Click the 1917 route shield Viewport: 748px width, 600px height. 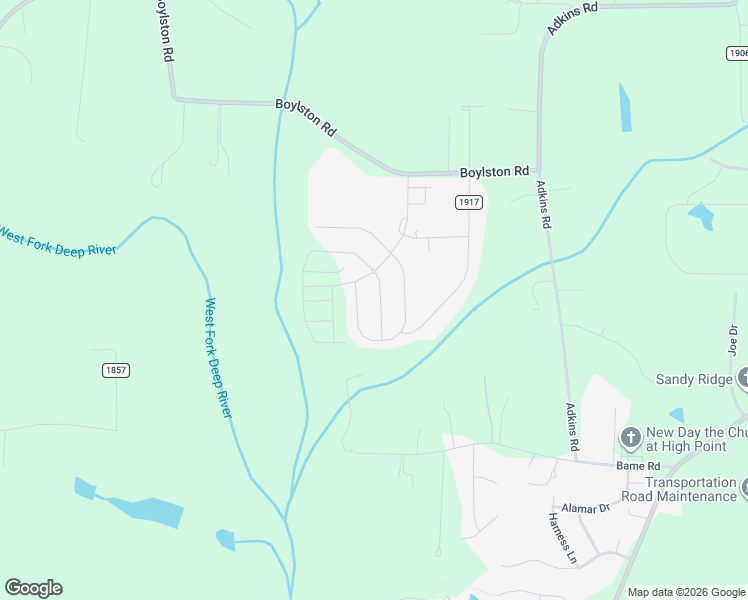pos(469,202)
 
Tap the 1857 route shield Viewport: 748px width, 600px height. pos(115,370)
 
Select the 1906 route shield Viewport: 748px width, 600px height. pos(737,53)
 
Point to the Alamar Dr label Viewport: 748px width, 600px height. pos(585,508)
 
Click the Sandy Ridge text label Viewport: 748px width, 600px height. pos(694,379)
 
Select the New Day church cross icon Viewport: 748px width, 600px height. pos(630,437)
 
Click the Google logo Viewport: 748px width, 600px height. pos(33,588)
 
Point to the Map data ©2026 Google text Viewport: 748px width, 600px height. pos(685,592)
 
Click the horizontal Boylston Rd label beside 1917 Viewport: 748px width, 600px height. pos(494,172)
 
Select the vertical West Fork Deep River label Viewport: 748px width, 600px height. pos(218,357)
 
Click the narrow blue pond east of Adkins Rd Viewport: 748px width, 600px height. pos(625,108)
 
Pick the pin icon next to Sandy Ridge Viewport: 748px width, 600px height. pos(744,379)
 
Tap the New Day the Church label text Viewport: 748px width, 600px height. pos(696,437)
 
